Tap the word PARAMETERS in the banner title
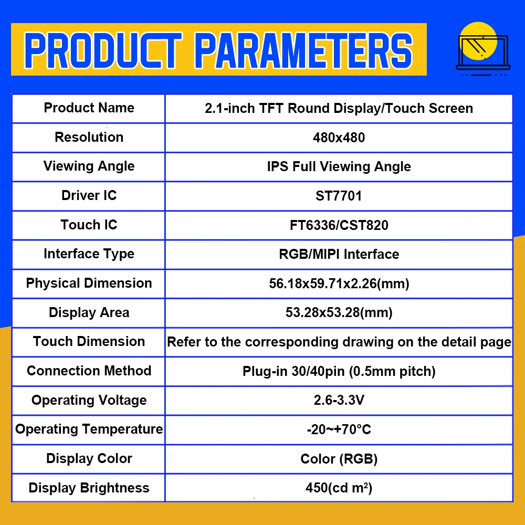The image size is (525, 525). [x=303, y=50]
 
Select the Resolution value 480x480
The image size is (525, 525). [x=339, y=138]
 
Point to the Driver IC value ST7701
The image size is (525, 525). [x=339, y=196]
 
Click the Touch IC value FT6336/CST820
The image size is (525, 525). [x=339, y=225]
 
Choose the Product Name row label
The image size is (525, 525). [x=89, y=108]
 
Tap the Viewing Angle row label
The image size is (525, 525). [x=89, y=166]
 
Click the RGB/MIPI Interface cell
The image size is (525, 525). [x=339, y=254]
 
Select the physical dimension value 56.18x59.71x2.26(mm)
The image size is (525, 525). [x=339, y=283]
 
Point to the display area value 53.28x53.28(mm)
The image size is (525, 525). [x=339, y=312]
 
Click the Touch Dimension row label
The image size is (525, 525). [x=89, y=342]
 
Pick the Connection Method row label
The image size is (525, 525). [x=89, y=371]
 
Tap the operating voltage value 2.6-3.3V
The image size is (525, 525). [x=339, y=400]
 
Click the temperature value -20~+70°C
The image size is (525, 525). [x=339, y=429]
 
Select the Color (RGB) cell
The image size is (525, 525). [x=339, y=459]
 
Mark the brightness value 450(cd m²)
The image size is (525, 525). [x=339, y=488]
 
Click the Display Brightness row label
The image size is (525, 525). [x=89, y=488]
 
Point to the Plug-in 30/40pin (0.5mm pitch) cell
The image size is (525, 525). [x=339, y=371]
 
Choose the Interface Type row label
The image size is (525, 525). [x=89, y=254]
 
